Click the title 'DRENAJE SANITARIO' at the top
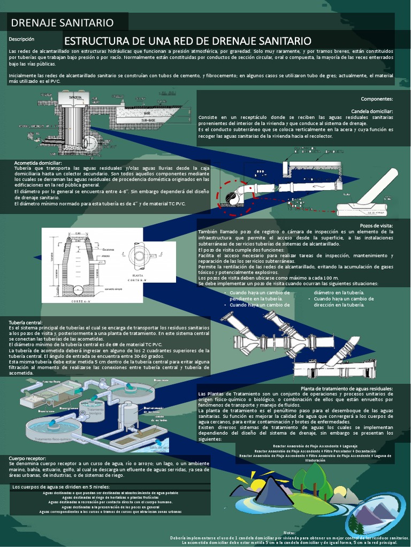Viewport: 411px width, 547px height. point(63,22)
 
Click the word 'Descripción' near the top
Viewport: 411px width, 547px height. point(21,39)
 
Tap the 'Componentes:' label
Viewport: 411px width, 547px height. point(377,99)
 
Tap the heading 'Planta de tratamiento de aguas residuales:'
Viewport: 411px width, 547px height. point(347,388)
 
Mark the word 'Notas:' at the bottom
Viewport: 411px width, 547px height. point(289,533)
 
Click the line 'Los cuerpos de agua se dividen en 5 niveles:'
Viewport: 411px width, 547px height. point(61,487)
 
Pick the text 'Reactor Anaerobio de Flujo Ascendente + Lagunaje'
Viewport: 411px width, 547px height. point(315,446)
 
